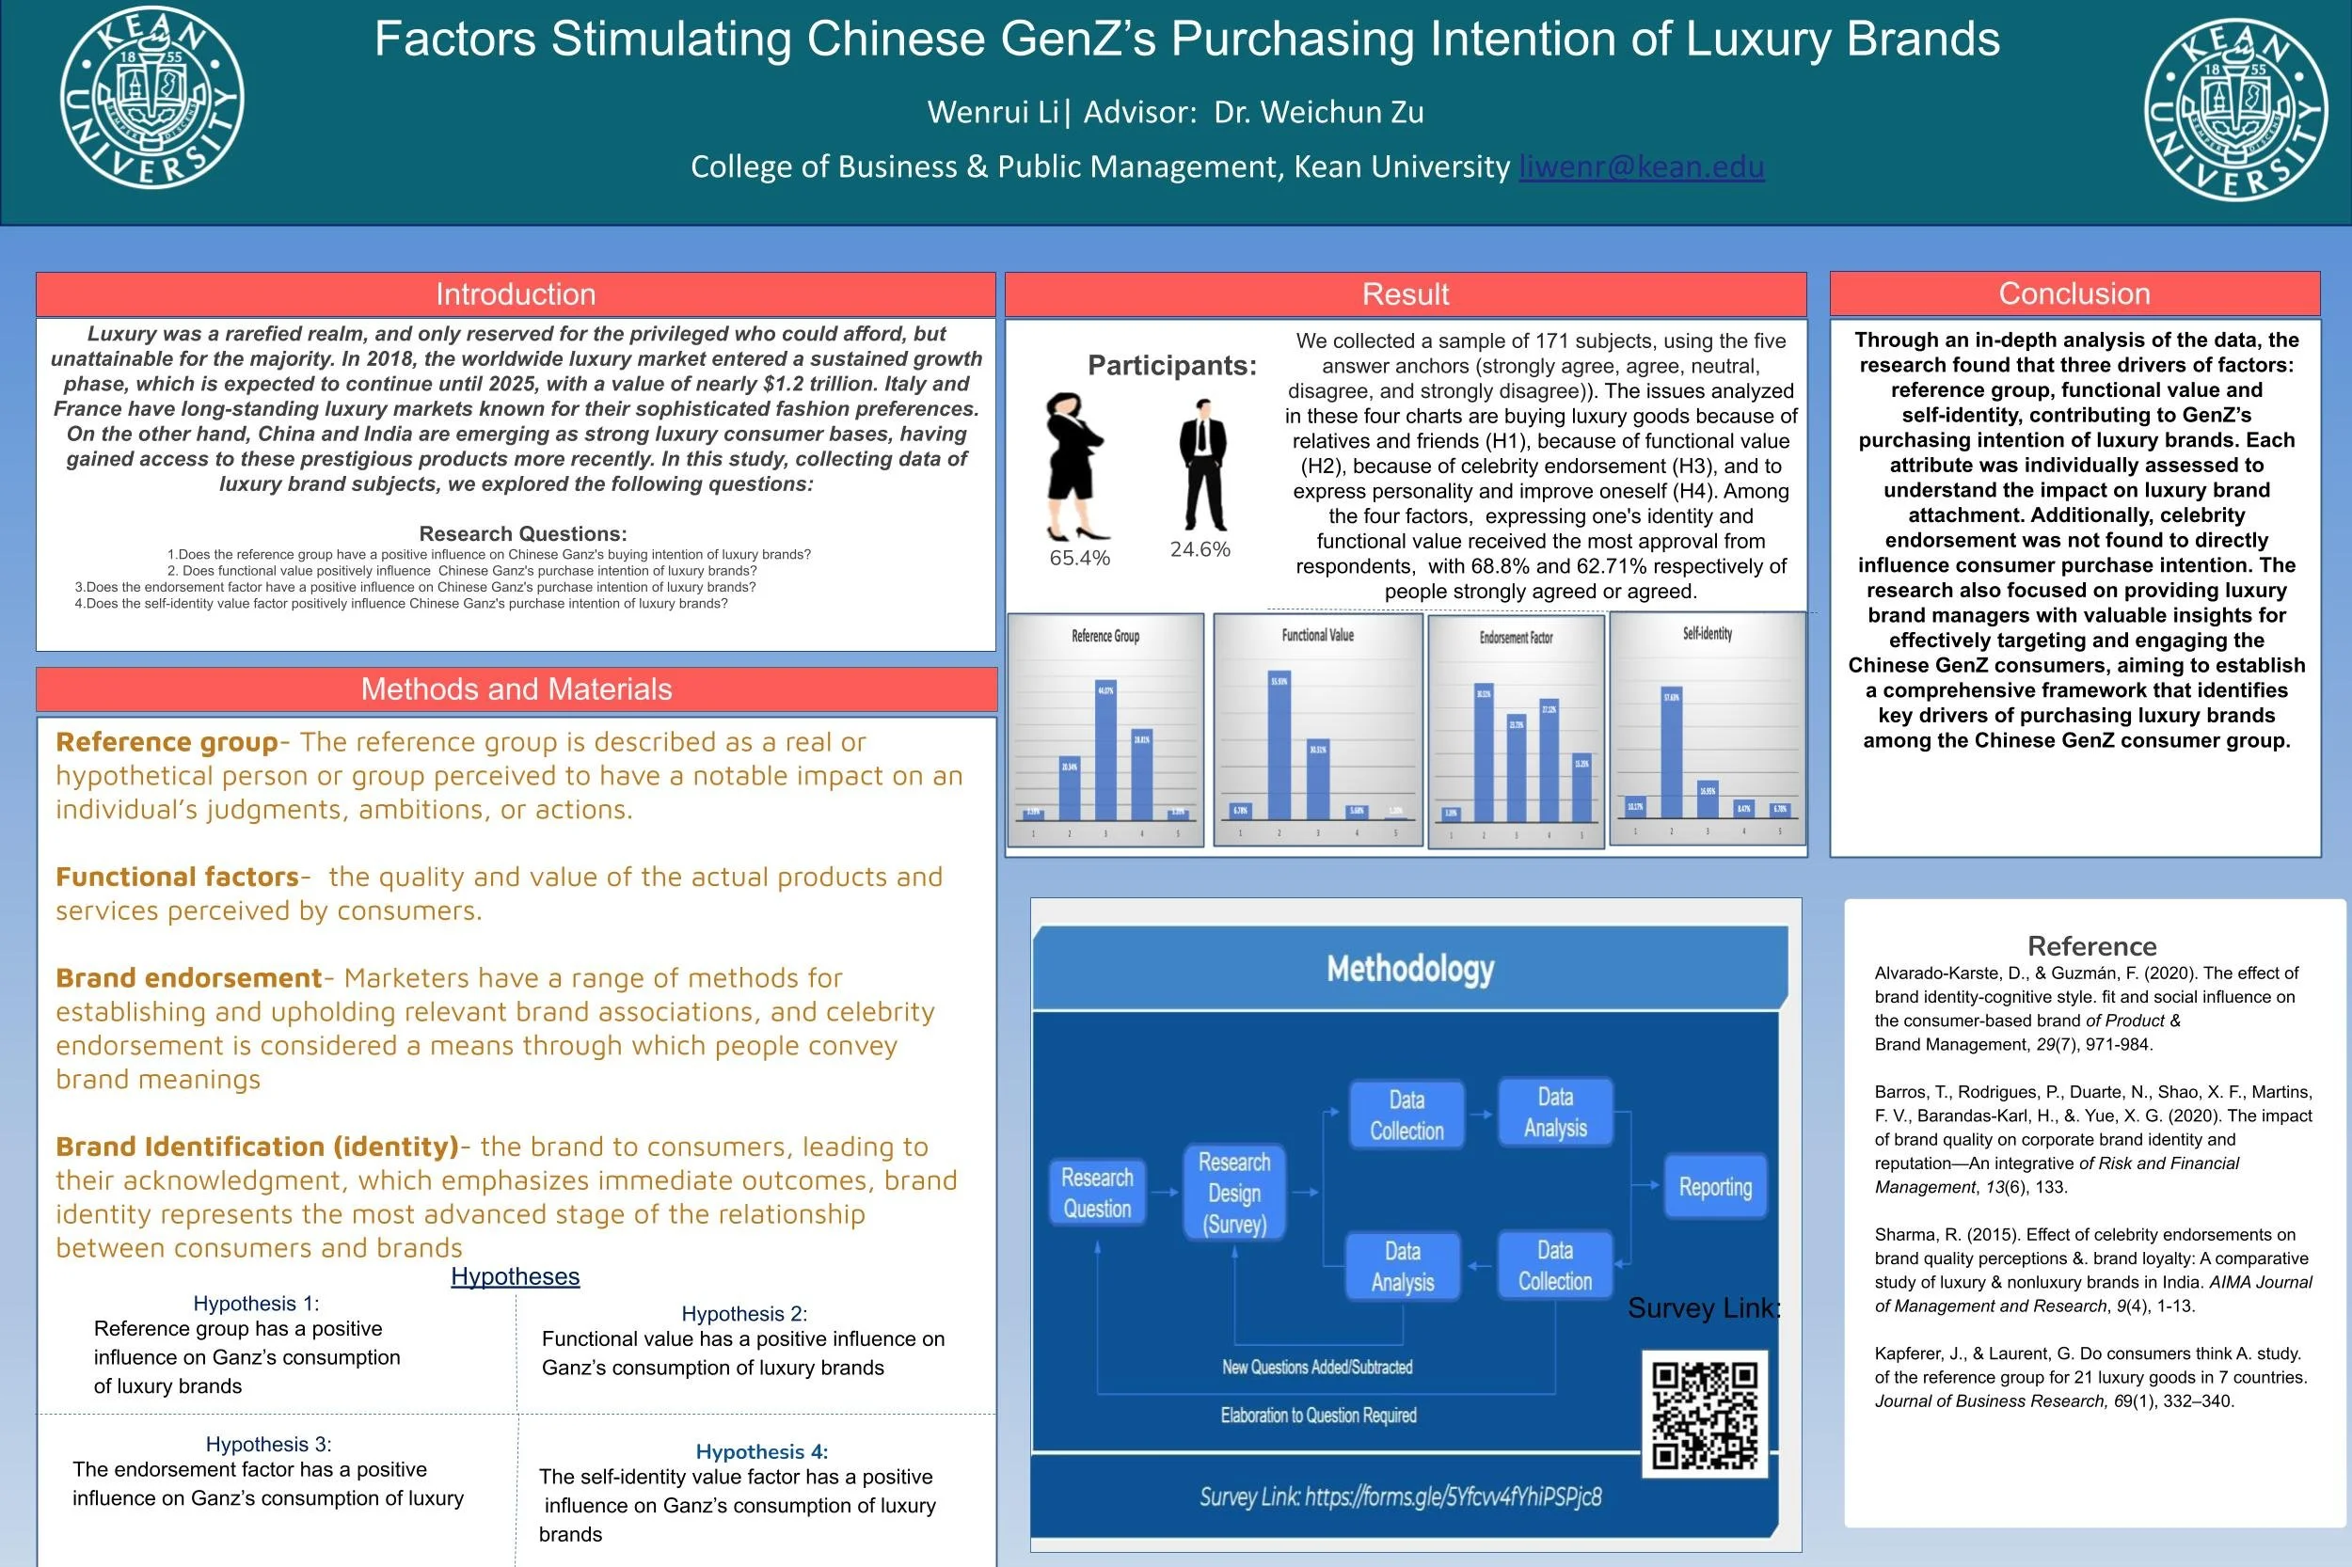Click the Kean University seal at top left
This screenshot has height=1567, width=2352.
(x=151, y=98)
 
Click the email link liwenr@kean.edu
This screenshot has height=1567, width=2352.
(x=1642, y=166)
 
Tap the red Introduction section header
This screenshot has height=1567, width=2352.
(x=516, y=293)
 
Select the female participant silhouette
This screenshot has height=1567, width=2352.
(x=1073, y=466)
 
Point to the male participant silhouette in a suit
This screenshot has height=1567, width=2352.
(x=1202, y=465)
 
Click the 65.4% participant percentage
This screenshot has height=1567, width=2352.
(x=1079, y=559)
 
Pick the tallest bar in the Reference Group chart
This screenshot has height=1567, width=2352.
(x=1105, y=750)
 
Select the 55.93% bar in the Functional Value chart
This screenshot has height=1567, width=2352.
(x=1279, y=746)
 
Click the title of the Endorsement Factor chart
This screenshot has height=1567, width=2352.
(x=1516, y=638)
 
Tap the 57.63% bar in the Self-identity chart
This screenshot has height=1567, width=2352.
(x=1671, y=752)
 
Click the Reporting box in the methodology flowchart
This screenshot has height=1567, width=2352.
(x=1715, y=1187)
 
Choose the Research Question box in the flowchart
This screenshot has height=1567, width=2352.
(x=1097, y=1193)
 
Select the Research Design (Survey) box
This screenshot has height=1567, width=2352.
(x=1234, y=1194)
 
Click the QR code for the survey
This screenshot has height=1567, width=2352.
(x=1705, y=1414)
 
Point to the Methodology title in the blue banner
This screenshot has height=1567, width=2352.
(x=1410, y=969)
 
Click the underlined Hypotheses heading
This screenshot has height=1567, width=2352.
(x=515, y=1277)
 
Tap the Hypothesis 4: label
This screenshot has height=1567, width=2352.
(x=762, y=1452)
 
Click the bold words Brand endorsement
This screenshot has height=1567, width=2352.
(x=189, y=978)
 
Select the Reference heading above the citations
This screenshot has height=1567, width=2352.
(x=2091, y=946)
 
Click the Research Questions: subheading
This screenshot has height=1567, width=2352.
(x=523, y=534)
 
